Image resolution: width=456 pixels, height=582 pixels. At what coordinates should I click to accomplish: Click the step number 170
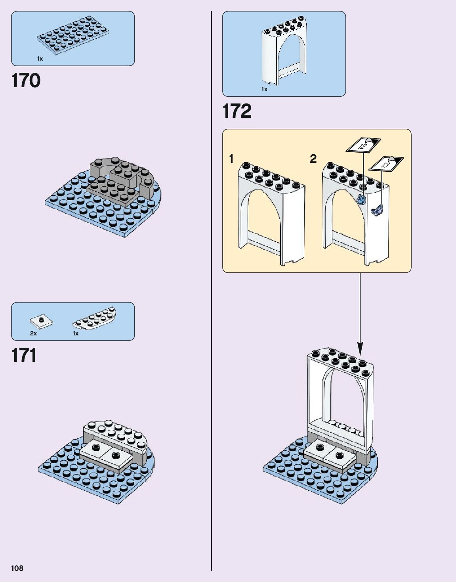(26, 81)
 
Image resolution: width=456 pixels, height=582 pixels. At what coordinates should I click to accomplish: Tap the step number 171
(24, 355)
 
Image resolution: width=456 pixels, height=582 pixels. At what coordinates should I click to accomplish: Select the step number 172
(237, 111)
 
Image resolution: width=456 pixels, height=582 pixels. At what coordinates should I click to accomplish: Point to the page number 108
(17, 568)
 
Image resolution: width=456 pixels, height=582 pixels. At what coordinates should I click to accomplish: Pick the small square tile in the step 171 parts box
(41, 321)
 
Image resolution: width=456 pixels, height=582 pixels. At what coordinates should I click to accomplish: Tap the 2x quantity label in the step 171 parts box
(33, 333)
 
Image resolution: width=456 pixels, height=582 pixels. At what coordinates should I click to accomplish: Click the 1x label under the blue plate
(40, 59)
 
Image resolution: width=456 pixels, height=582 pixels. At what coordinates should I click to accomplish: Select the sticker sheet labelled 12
(363, 145)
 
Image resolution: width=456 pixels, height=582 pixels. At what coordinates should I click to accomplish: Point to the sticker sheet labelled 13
(386, 163)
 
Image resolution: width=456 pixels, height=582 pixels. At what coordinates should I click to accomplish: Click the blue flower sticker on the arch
(361, 199)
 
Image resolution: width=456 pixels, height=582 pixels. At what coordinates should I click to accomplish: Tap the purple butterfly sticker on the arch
(377, 210)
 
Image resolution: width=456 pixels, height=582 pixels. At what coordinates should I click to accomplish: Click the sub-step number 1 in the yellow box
(231, 159)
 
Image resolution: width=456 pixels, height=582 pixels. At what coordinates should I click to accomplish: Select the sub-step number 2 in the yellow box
(313, 159)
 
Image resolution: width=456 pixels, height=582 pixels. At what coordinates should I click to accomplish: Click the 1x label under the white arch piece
(264, 89)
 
